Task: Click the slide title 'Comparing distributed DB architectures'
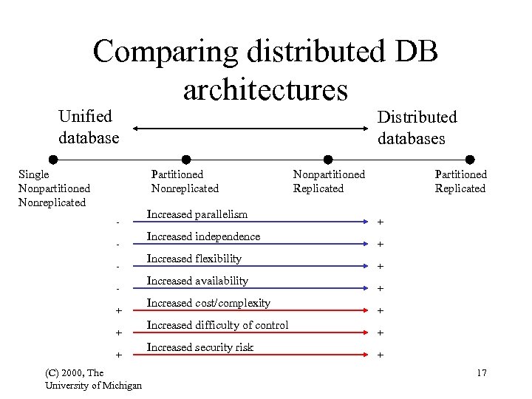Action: coord(265,70)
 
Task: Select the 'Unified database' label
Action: coord(89,127)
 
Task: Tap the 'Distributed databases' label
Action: coord(417,128)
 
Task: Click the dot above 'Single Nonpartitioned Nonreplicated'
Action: coord(53,160)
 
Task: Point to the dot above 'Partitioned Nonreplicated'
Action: coord(186,160)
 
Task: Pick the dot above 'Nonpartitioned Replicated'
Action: coord(328,160)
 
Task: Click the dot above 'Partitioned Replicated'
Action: coord(470,160)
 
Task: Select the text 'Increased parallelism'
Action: coord(197,214)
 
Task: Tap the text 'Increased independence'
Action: coord(203,236)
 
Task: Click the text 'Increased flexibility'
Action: coord(194,259)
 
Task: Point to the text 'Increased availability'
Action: coord(197,281)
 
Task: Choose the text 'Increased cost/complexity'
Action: coord(208,303)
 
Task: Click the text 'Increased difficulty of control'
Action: coord(217,325)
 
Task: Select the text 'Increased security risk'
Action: coord(199,347)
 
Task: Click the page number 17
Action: coord(481,373)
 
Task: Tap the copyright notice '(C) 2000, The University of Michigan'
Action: coord(94,379)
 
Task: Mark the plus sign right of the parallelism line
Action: coord(381,222)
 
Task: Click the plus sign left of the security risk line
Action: coord(117,355)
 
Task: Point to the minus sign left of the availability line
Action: coord(117,288)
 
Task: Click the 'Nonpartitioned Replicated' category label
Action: coord(329,181)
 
